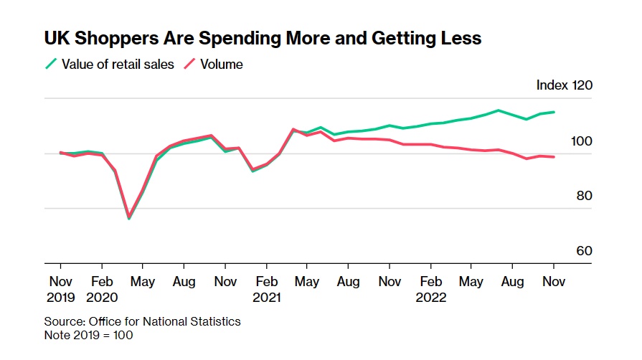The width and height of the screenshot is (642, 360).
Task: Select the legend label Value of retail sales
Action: point(118,65)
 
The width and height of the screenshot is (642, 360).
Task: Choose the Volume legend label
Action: point(221,65)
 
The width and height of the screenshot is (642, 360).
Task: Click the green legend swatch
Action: point(50,65)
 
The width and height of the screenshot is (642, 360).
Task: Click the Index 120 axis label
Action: point(565,85)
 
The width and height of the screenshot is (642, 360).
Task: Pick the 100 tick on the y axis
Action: point(582,141)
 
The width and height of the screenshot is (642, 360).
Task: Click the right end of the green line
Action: point(554,112)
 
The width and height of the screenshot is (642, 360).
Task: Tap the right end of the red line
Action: point(554,157)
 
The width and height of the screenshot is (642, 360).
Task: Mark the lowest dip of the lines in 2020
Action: point(129,218)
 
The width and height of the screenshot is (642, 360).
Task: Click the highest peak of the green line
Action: point(498,110)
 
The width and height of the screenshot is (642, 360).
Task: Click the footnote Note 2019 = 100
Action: point(88,335)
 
